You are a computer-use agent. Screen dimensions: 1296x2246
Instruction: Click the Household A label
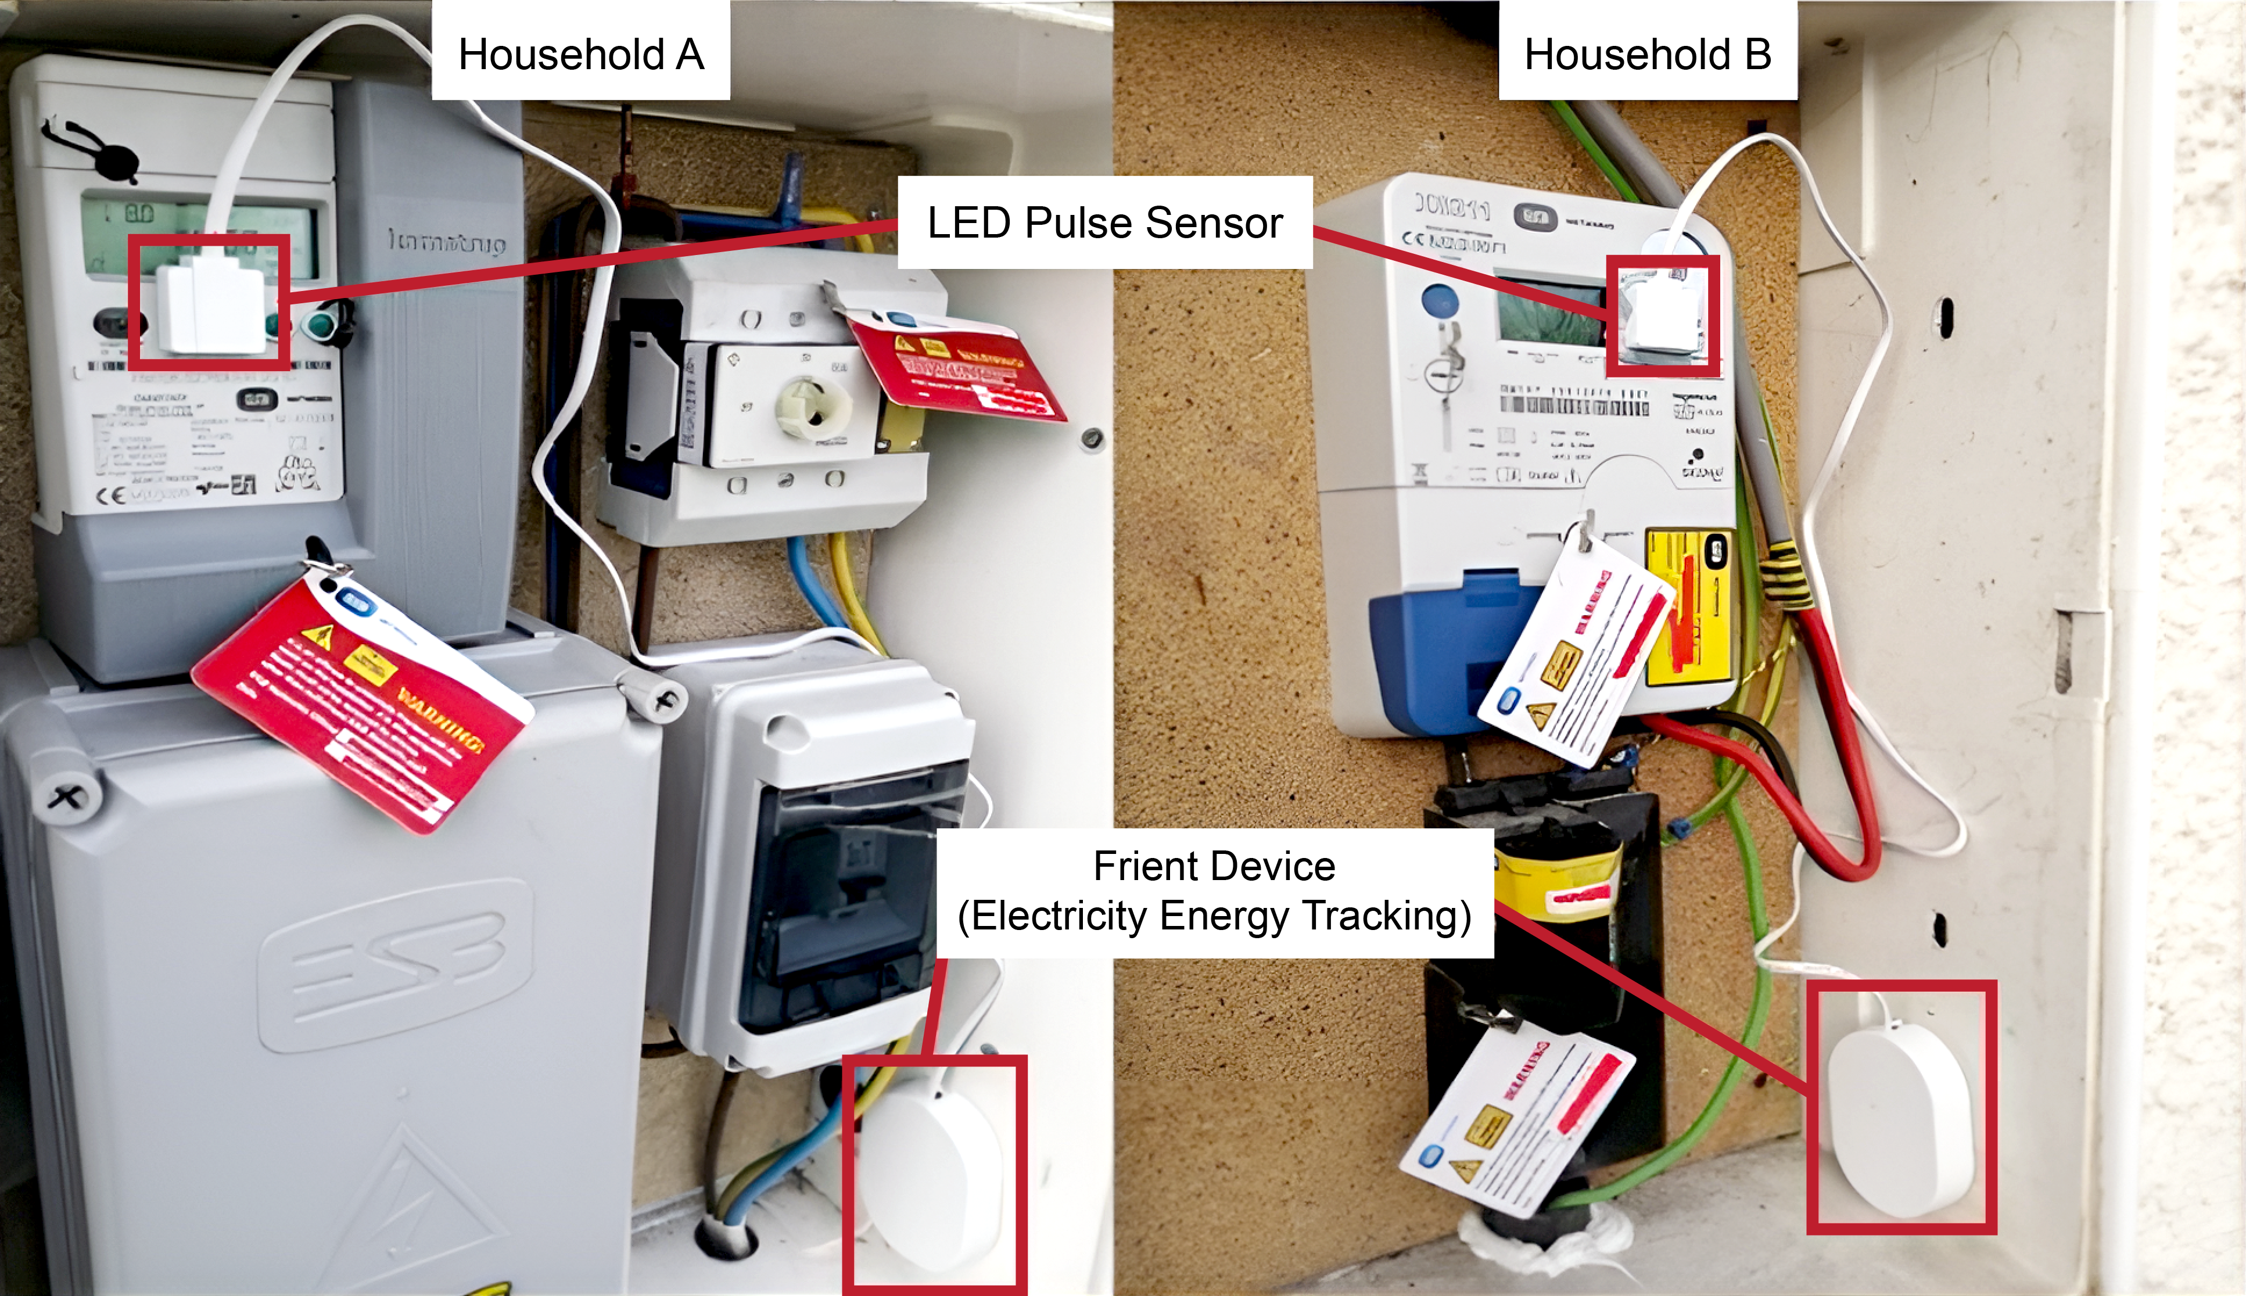tap(580, 54)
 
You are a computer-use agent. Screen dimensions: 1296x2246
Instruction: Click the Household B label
tap(1647, 54)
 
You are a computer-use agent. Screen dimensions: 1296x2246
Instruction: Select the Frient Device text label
tap(1214, 891)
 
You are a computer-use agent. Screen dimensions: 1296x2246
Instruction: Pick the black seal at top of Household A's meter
tap(114, 162)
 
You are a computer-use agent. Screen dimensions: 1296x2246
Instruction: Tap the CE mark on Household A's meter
tap(112, 496)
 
